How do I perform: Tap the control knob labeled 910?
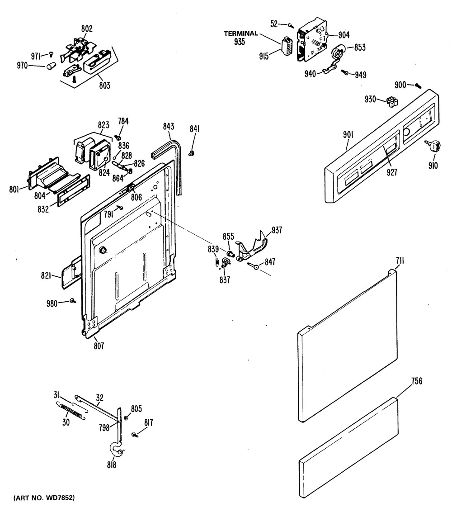[434, 146]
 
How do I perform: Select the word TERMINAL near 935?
[241, 33]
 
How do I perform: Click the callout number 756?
[416, 381]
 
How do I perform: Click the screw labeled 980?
[72, 300]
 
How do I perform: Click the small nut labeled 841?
[191, 153]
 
